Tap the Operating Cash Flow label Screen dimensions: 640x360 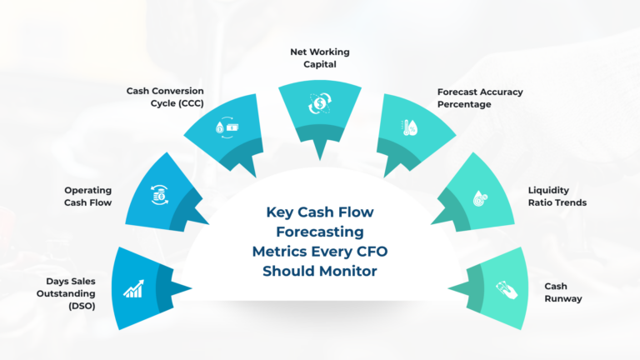(x=87, y=197)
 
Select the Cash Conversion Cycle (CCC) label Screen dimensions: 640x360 (x=165, y=97)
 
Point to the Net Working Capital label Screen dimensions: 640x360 (x=320, y=58)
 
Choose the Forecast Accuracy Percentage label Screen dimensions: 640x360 (x=480, y=98)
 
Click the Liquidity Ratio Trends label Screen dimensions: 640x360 (x=557, y=197)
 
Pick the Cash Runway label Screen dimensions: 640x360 (x=563, y=292)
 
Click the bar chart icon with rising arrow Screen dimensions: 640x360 (x=134, y=288)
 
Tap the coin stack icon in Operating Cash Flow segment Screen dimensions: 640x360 (x=160, y=195)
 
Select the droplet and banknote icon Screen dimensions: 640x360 (x=227, y=127)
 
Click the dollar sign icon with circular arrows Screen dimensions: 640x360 (x=320, y=103)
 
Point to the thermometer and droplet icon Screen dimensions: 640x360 (x=409, y=127)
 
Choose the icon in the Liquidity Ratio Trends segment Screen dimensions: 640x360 (x=480, y=198)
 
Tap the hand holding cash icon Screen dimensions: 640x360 (x=507, y=290)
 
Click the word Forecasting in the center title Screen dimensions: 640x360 (x=320, y=232)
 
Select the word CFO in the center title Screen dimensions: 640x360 (x=371, y=252)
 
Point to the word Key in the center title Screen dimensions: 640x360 (x=280, y=212)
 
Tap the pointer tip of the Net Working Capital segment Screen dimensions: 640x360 (x=320, y=160)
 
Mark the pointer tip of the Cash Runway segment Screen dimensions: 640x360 (x=448, y=288)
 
